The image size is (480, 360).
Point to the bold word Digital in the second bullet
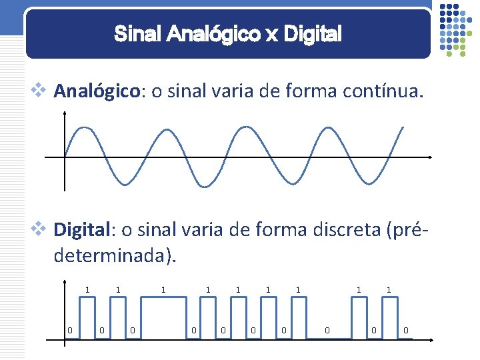click(82, 231)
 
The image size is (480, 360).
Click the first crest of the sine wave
click(84, 128)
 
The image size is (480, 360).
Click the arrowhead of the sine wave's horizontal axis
click(432, 157)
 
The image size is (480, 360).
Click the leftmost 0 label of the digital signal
click(69, 329)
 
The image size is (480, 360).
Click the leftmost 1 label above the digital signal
click(87, 290)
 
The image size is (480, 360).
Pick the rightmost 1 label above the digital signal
click(389, 290)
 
